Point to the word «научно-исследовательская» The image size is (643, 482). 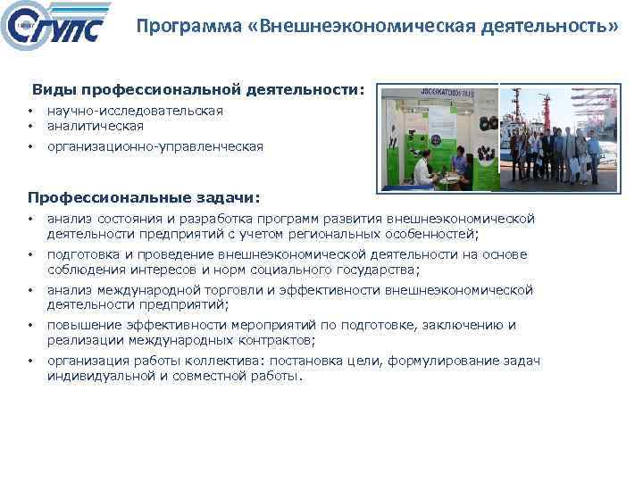tap(135, 111)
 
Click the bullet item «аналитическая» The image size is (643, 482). tap(96, 126)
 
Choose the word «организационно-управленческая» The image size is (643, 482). tap(155, 146)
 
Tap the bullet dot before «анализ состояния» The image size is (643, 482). tap(30, 219)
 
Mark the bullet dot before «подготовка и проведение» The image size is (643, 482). tap(30, 254)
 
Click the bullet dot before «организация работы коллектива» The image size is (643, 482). tap(30, 361)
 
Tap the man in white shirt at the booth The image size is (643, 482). tap(428, 165)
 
